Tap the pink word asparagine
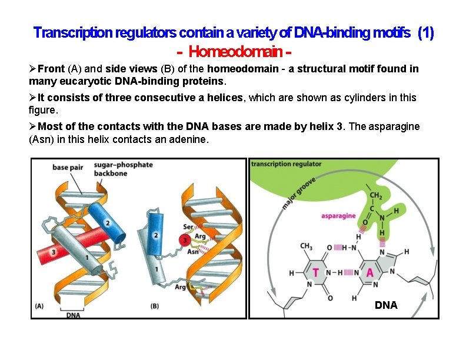point(338,216)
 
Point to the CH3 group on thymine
point(305,246)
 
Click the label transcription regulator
point(287,164)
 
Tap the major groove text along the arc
point(298,193)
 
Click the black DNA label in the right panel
point(386,305)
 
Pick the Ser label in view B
point(188,227)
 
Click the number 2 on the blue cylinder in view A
point(107,223)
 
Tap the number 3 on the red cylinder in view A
point(54,252)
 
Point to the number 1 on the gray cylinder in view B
point(157,269)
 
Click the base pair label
point(69,168)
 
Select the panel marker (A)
point(39,306)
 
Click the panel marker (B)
point(155,306)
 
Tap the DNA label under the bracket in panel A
point(74,314)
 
